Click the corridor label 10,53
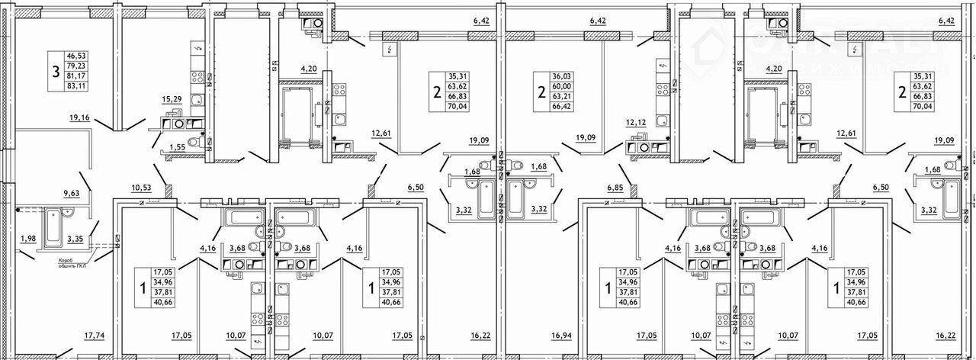click(x=143, y=187)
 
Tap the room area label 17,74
click(x=95, y=335)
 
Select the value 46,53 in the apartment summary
click(x=76, y=56)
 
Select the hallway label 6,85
click(x=616, y=187)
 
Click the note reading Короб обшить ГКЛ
click(x=73, y=264)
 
